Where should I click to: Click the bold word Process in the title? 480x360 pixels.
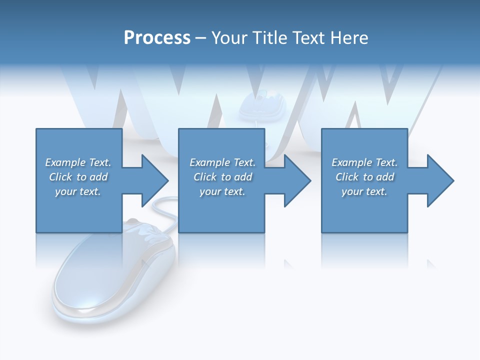[x=157, y=38]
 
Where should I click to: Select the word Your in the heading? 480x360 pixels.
[x=229, y=38]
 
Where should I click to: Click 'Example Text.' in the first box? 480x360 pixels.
[x=78, y=162]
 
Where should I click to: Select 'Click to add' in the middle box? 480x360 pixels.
[x=222, y=176]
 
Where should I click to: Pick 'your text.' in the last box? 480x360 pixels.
[x=364, y=191]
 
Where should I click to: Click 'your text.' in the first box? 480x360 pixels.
[x=78, y=191]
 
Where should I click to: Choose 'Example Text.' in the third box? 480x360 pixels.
[x=364, y=162]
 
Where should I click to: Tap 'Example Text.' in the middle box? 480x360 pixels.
[x=222, y=162]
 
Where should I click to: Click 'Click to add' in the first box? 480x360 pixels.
[x=78, y=176]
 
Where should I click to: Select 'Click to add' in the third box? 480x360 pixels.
[x=364, y=176]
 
